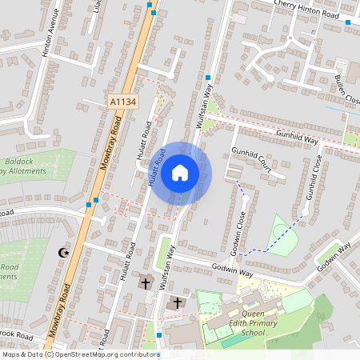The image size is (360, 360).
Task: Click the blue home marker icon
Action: [x=180, y=172]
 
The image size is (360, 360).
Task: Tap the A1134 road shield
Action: [x=121, y=101]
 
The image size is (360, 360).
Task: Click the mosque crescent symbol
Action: [x=62, y=253]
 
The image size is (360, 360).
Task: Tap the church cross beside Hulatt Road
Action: [x=146, y=283]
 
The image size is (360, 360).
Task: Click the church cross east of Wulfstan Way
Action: [x=178, y=302]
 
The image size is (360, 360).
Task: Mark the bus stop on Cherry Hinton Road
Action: [x=347, y=22]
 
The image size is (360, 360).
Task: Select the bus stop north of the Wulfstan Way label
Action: [x=208, y=78]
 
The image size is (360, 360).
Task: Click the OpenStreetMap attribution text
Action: [x=80, y=354]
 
